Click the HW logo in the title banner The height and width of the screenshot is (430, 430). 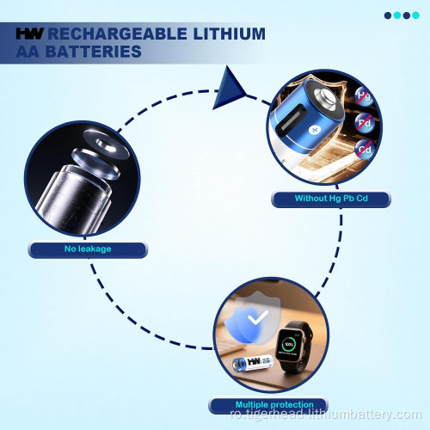coord(29,34)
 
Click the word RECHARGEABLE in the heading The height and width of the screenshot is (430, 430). coord(117,34)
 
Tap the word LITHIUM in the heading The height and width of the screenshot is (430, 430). coord(230,34)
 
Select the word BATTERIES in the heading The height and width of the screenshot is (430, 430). coord(94,52)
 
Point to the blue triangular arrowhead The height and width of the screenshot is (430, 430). coord(229,89)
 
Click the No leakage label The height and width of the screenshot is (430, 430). coord(88,249)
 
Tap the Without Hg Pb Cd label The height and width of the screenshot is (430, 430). coord(331,199)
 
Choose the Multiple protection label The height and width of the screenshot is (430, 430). coord(274,405)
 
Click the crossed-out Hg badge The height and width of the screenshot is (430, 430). coord(364,96)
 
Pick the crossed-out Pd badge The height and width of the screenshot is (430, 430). coord(365,123)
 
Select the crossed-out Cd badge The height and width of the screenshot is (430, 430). coord(365,150)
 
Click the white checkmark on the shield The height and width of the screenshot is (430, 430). coord(258,317)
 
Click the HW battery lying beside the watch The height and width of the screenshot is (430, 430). coord(253,363)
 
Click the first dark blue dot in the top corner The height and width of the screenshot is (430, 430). coord(388,15)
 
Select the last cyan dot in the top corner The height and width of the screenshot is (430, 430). coord(415,15)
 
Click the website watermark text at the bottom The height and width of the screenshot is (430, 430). coord(326,415)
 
